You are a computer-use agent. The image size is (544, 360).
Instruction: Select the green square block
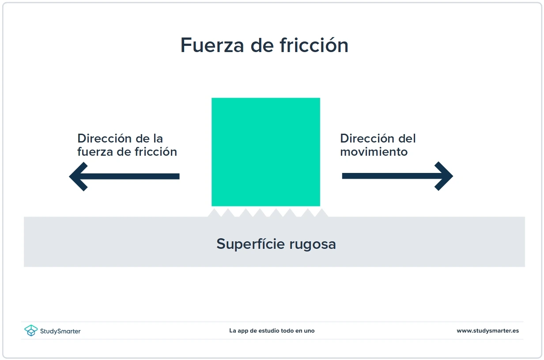(266, 152)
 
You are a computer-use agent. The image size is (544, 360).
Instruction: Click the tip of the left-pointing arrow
(71, 176)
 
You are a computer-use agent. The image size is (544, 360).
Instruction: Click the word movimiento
(374, 152)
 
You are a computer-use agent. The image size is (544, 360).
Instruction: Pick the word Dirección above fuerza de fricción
(105, 139)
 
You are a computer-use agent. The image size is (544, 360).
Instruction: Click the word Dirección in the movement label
(367, 139)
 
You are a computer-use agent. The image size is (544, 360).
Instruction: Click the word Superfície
(250, 244)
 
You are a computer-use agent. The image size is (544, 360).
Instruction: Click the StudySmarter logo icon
(31, 330)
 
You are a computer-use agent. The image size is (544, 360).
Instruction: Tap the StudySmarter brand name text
(60, 331)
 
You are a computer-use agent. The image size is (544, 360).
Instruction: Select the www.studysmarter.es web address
(487, 330)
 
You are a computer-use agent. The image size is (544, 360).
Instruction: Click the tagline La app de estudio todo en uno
(272, 330)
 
